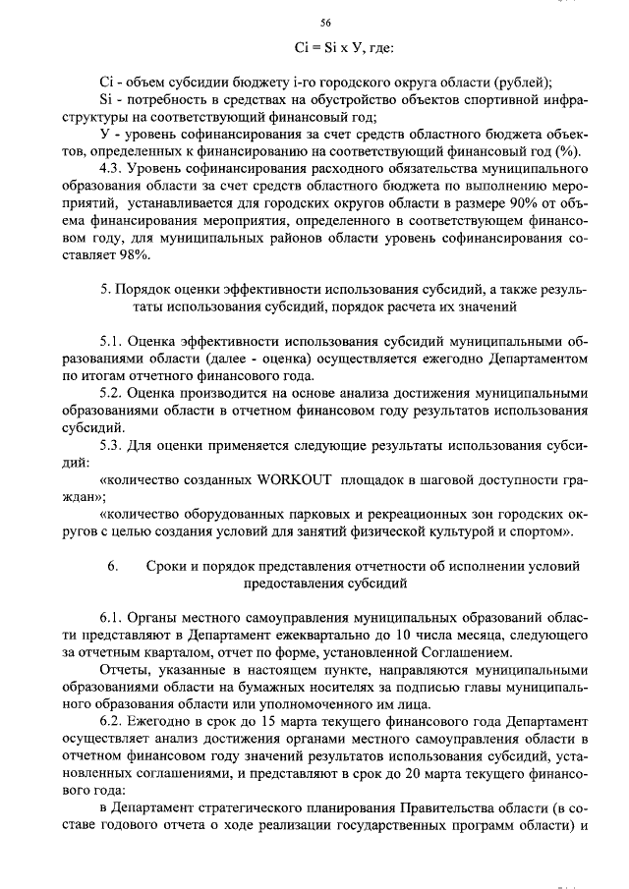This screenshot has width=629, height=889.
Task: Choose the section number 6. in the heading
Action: [x=112, y=567]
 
